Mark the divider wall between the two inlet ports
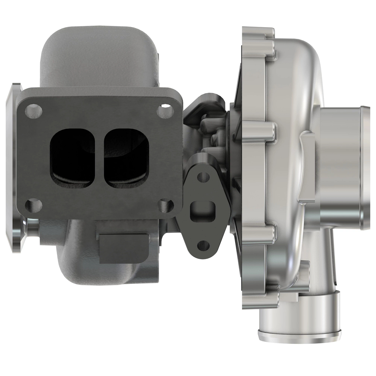point(100,158)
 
